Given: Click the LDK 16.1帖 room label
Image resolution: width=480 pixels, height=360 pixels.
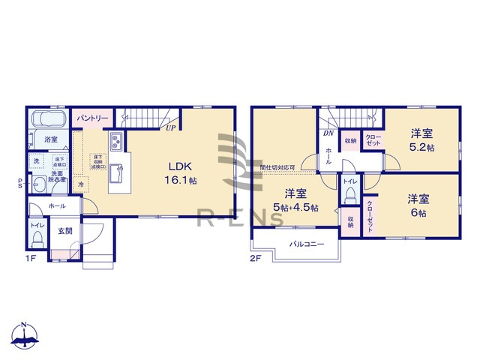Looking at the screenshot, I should point(181,172).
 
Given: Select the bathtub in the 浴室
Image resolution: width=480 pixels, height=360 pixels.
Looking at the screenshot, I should point(49,121).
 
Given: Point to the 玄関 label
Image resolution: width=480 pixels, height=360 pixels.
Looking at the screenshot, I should point(65,231).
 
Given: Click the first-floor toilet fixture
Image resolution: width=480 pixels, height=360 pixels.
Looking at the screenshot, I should point(37,239).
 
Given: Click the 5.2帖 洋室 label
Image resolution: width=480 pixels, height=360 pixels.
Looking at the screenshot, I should point(421,140).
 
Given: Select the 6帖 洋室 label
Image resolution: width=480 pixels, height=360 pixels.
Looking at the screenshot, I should point(418,205).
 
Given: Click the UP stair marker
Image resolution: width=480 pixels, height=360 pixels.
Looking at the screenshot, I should point(172,128).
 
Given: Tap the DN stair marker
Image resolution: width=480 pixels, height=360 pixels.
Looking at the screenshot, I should point(328,134).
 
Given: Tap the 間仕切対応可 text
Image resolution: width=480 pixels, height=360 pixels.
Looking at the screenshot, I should point(277,167).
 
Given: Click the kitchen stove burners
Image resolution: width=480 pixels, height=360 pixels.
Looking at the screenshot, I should point(117,142).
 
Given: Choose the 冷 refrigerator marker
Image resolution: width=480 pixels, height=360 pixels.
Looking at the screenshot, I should point(81,184).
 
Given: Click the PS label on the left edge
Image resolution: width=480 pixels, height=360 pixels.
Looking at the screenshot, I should point(20,182).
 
